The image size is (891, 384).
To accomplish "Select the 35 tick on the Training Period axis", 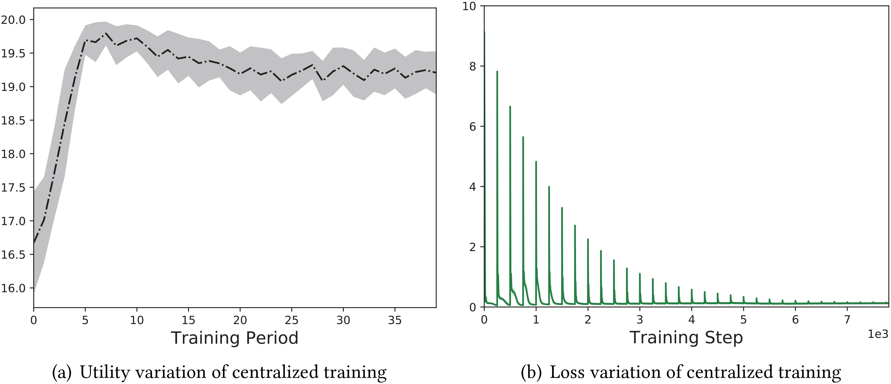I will [395, 320].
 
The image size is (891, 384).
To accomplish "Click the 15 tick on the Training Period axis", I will [188, 320].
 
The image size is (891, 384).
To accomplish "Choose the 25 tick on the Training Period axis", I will [291, 320].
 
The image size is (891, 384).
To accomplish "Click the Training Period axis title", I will [234, 338].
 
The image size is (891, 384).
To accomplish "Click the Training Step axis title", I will [686, 338].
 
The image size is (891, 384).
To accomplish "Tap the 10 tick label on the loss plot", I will [469, 6].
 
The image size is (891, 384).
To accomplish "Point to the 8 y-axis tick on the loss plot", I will [473, 66].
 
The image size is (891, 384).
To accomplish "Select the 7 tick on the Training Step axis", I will [847, 320].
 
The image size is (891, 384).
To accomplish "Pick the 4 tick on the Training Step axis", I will [692, 320].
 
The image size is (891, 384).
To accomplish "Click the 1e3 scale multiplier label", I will [878, 334].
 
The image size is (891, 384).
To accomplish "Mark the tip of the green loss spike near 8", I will [497, 72].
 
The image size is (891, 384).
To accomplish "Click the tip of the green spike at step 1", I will [536, 161].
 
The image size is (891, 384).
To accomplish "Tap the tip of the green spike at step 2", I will [588, 239].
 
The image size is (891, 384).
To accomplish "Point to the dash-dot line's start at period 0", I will [34, 243].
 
